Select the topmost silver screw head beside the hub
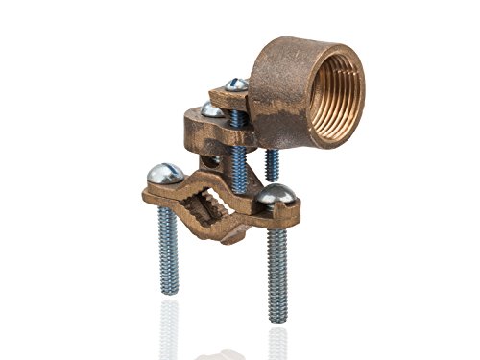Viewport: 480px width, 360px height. (x=235, y=86)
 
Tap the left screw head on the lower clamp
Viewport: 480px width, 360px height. (x=163, y=174)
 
